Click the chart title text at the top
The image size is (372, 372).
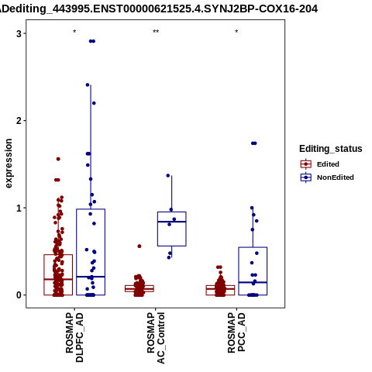click(159, 9)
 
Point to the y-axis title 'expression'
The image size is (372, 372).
click(9, 164)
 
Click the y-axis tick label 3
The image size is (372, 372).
click(19, 33)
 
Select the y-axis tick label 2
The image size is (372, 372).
click(19, 121)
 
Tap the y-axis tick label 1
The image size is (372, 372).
click(19, 208)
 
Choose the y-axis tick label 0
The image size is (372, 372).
click(19, 295)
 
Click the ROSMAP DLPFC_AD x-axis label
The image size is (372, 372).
click(74, 337)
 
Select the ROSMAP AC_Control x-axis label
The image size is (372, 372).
click(156, 338)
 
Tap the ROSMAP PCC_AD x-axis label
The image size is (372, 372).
click(236, 332)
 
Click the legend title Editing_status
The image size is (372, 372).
click(331, 149)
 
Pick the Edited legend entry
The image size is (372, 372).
click(319, 164)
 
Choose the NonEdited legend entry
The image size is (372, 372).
click(327, 177)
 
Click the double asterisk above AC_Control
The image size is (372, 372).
click(156, 32)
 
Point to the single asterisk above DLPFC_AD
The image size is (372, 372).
click(74, 32)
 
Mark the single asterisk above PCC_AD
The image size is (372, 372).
click(236, 32)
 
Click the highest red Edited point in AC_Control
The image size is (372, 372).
click(139, 246)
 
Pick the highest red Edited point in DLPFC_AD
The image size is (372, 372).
click(58, 159)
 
